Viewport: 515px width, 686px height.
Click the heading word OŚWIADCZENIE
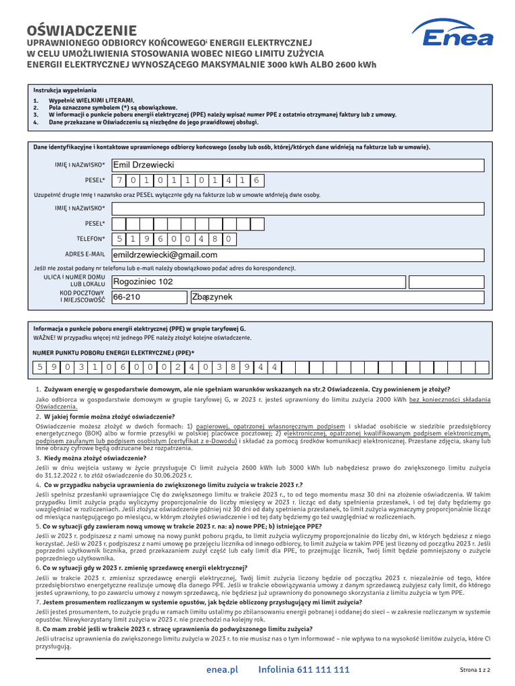pos(82,31)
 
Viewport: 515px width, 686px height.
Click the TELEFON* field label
pos(91,238)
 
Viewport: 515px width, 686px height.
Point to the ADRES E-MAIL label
pos(85,255)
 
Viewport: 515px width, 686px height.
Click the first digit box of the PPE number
pos(41,367)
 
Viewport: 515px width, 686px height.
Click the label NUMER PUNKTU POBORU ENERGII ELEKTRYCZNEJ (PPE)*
pos(114,352)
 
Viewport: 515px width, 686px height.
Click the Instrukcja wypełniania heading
pos(65,90)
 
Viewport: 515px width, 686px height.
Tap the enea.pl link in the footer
pos(223,669)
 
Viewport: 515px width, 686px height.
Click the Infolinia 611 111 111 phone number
pos(304,669)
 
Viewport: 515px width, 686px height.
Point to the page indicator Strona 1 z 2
pos(475,670)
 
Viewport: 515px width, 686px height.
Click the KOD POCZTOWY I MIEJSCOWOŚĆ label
pos(83,297)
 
